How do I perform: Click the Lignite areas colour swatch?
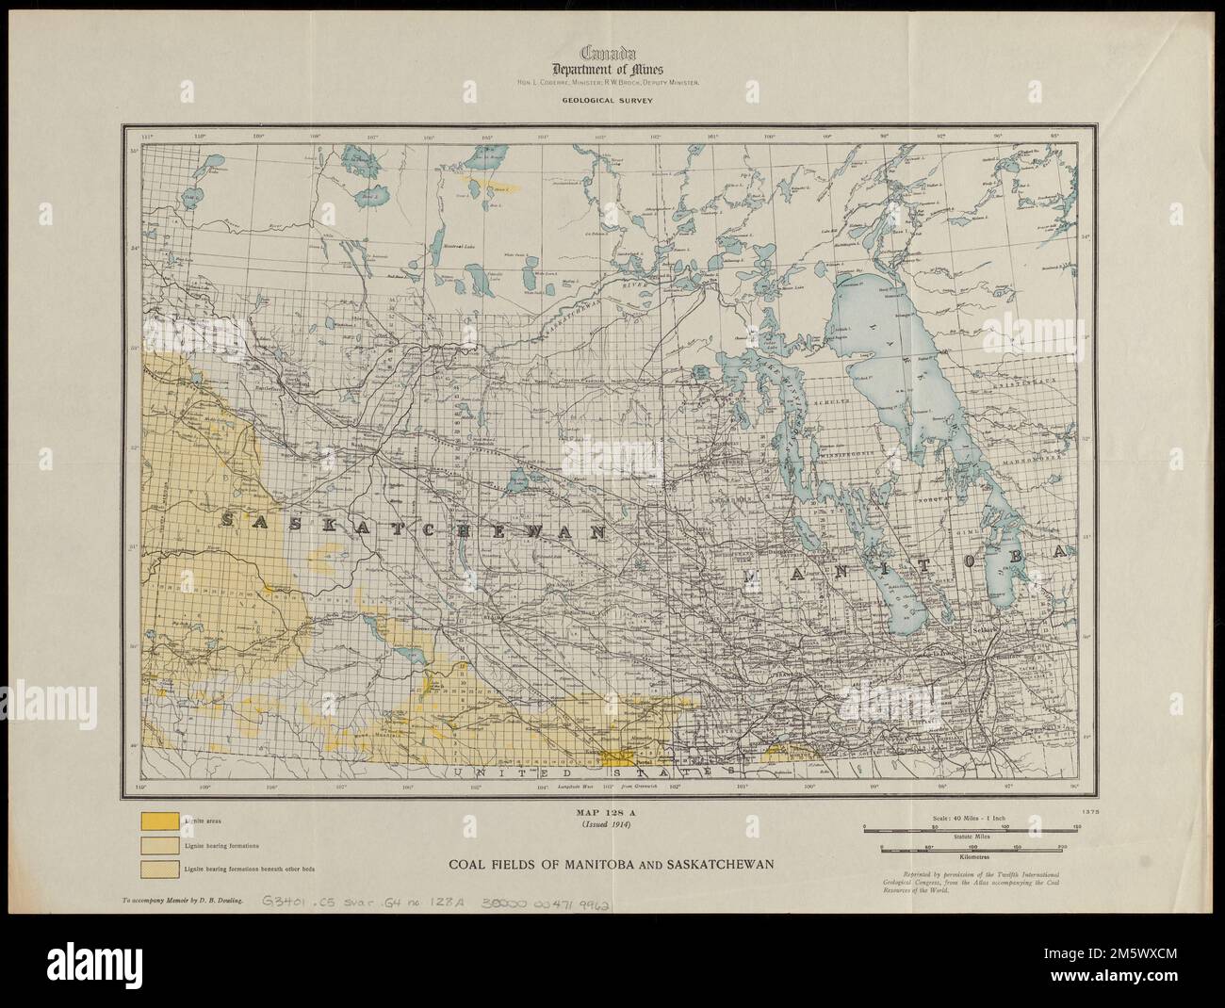[x=158, y=821]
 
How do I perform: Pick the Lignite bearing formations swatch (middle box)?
[x=158, y=845]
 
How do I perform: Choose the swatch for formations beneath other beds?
[x=158, y=868]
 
